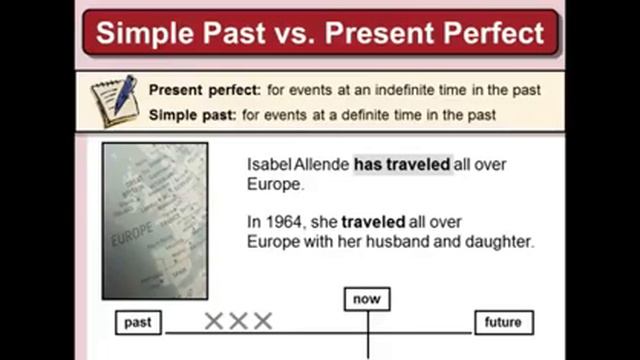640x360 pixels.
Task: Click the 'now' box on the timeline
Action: [367, 299]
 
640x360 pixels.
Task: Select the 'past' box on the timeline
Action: [138, 322]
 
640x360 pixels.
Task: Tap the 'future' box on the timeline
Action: [503, 322]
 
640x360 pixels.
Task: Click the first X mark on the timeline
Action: [213, 321]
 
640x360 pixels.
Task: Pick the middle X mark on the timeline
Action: [238, 321]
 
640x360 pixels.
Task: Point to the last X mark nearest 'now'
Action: [262, 321]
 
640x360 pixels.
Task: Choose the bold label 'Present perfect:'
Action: [205, 90]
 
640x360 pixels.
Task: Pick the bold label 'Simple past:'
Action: [193, 115]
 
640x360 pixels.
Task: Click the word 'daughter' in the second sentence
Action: [500, 242]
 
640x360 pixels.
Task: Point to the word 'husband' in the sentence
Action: [406, 242]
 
